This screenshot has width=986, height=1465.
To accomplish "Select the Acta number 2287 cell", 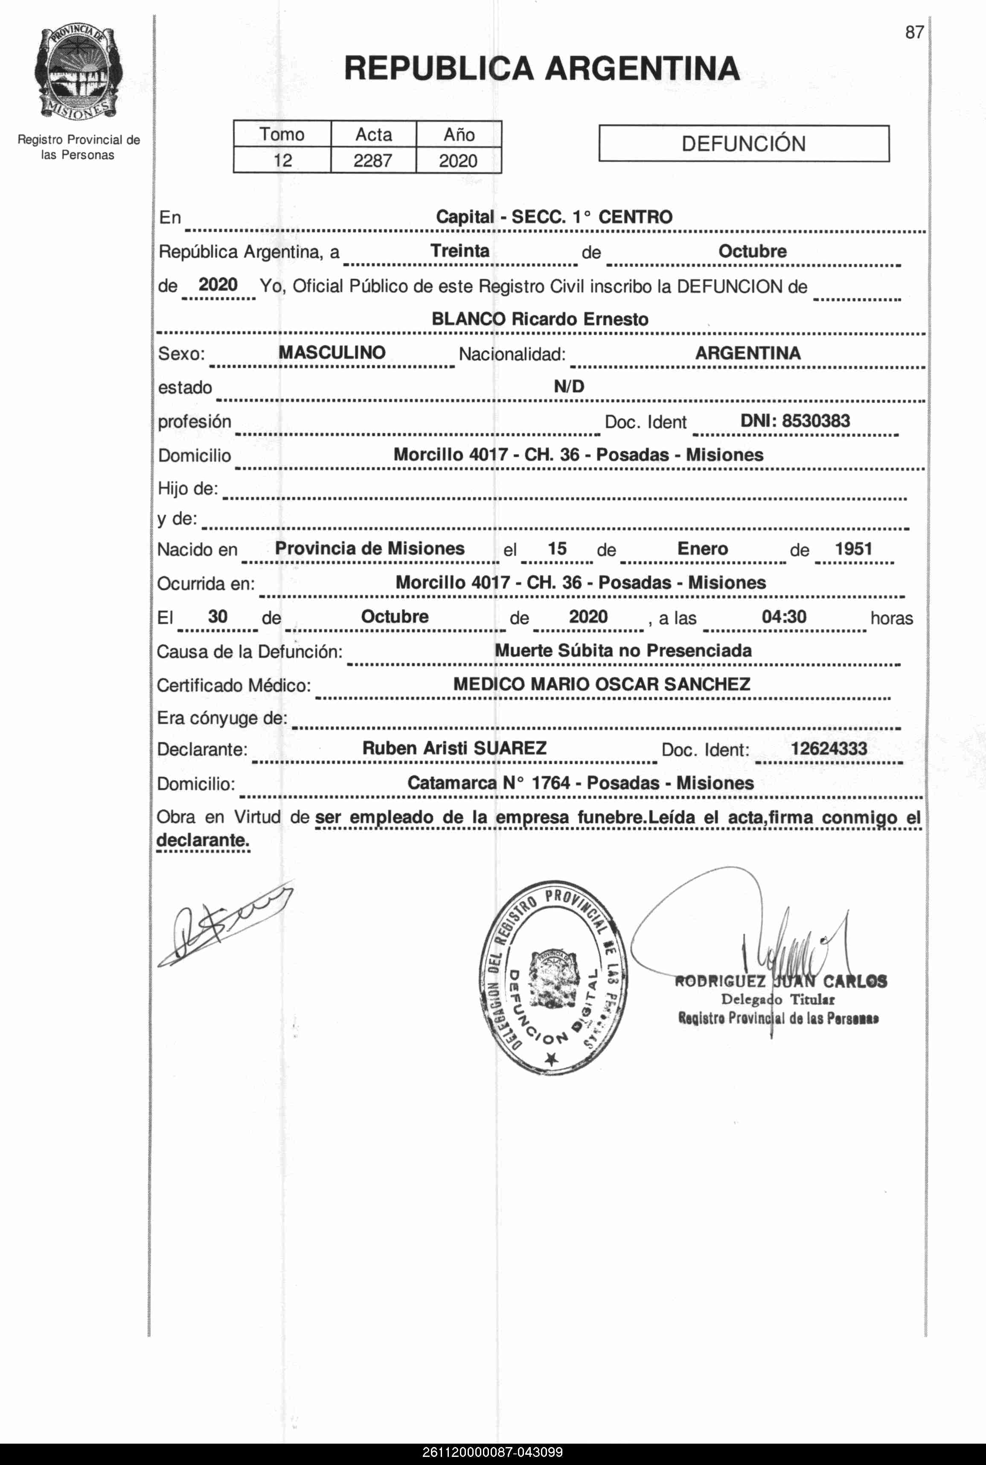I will tap(373, 160).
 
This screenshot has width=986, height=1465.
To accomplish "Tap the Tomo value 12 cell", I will tap(282, 160).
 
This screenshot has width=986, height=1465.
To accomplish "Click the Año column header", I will tap(458, 134).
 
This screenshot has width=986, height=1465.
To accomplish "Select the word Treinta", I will tap(460, 251).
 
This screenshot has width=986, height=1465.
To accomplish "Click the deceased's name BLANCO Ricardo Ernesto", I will tap(540, 319).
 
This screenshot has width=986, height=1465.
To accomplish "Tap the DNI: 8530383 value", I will tap(795, 421).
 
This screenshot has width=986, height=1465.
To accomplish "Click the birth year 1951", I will tap(853, 548).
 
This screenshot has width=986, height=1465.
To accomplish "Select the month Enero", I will tap(702, 548).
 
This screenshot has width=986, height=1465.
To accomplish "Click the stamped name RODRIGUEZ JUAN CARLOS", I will tap(780, 982).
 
